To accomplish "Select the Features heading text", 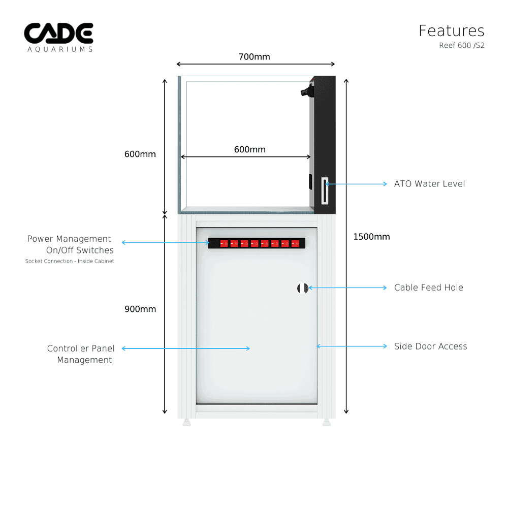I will (x=451, y=31).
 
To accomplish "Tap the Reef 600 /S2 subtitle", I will (x=461, y=45).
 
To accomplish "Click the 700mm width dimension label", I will (x=254, y=57).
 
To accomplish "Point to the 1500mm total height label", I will (x=371, y=237).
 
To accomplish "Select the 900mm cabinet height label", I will (x=140, y=309).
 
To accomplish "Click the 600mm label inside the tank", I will (x=249, y=149).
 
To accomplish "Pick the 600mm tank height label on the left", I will (x=140, y=154).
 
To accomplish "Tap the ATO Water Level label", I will (x=429, y=184).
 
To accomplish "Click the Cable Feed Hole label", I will (x=428, y=288).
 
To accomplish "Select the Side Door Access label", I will (x=430, y=346).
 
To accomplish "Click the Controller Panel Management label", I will (x=81, y=354).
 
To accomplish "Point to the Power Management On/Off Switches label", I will (x=70, y=244).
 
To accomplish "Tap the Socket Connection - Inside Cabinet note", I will (x=70, y=261).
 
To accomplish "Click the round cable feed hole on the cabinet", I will (x=302, y=288).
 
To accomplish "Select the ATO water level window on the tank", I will (x=325, y=189).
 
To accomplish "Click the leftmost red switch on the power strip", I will (x=224, y=243).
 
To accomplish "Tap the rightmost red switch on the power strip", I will (x=295, y=243).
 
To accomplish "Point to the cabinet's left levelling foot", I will (x=186, y=422).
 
